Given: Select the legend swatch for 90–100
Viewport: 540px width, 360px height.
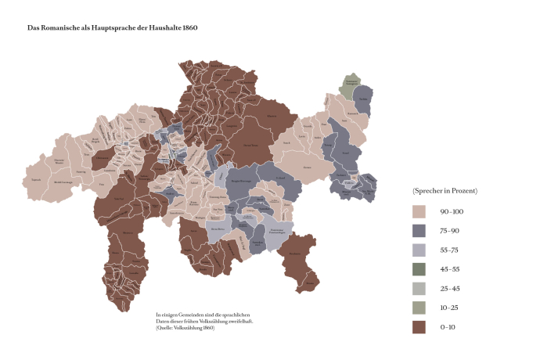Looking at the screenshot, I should tap(419, 211).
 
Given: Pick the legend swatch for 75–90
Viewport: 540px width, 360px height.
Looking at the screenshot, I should tap(419, 230).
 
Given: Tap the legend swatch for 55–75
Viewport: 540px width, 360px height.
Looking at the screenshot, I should tap(419, 250).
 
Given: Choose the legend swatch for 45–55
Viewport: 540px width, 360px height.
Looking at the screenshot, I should tap(419, 269).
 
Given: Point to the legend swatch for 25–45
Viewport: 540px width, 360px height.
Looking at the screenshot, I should tap(419, 288).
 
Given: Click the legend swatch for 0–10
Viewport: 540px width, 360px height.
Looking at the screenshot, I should tap(419, 327).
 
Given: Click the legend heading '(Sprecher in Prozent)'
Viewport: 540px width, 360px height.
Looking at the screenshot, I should tap(445, 191).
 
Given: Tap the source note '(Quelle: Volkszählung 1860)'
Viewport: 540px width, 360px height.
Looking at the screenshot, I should tap(185, 327).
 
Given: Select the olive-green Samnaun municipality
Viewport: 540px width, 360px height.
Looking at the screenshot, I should tap(351, 83).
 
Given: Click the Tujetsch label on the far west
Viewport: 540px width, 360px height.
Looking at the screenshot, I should tap(35, 179).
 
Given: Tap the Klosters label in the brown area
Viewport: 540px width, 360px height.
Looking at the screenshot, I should tap(272, 117).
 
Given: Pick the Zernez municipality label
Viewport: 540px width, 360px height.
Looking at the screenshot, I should tap(319, 167).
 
